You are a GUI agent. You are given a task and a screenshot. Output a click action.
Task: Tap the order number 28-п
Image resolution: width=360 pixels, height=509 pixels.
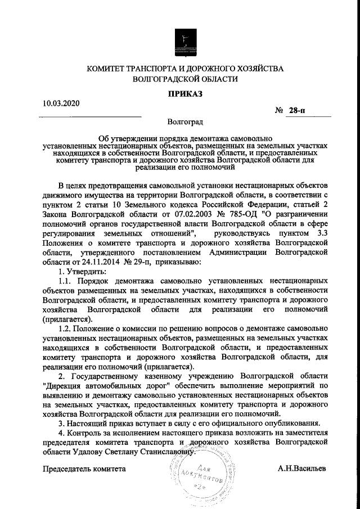point(296,112)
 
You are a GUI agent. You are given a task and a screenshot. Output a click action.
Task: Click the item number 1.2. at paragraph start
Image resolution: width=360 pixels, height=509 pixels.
point(67,328)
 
